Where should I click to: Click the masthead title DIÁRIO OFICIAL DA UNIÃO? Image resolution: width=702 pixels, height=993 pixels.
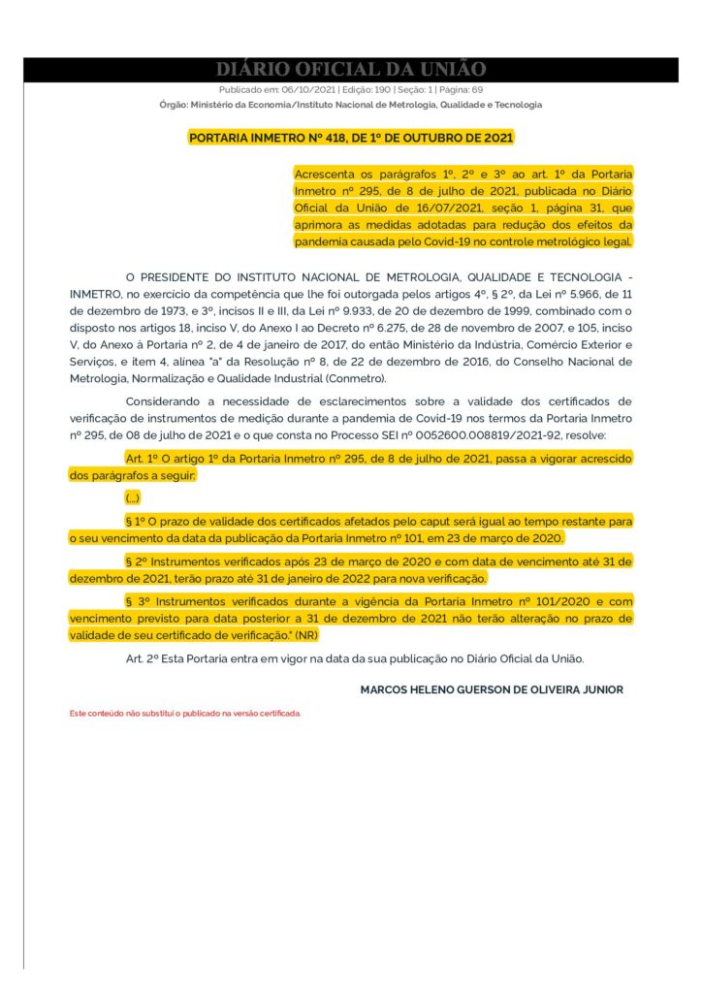click(x=350, y=69)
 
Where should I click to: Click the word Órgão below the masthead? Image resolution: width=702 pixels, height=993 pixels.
click(x=173, y=105)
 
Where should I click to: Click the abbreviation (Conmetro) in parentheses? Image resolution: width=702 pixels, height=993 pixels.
click(x=355, y=378)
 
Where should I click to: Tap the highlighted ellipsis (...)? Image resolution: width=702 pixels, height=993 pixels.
click(x=133, y=496)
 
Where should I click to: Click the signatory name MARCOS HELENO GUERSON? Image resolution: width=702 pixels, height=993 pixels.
click(x=436, y=689)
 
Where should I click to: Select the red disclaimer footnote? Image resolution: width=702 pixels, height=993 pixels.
click(x=185, y=713)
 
